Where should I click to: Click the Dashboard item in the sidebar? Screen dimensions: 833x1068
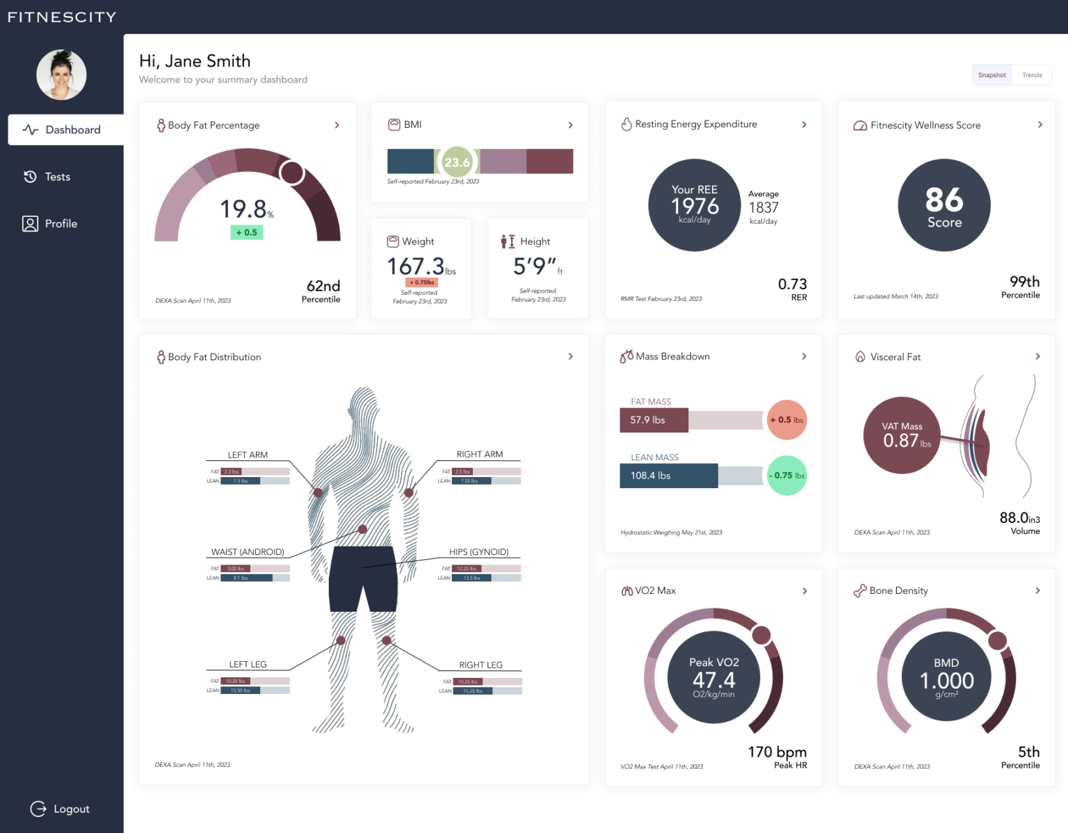(65, 130)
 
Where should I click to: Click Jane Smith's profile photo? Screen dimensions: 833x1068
(61, 74)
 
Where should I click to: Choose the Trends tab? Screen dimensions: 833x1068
(1032, 75)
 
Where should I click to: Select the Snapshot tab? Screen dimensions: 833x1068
(992, 75)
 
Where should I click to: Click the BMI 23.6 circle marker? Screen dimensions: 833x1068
(457, 162)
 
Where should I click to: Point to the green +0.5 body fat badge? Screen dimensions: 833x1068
(247, 232)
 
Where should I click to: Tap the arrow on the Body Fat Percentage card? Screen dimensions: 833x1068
(337, 125)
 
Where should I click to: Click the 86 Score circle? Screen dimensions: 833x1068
(944, 205)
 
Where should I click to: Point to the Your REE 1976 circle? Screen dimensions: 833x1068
(694, 205)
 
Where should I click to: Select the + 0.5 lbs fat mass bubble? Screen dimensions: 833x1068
(786, 420)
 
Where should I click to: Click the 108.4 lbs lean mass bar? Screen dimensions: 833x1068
(668, 476)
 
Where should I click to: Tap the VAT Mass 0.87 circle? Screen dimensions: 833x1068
(902, 435)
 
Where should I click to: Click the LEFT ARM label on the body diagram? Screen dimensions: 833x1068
(248, 455)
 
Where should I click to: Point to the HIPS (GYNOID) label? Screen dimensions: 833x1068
(478, 552)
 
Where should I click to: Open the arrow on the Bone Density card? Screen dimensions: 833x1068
(1038, 590)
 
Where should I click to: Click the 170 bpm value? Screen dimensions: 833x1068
(777, 752)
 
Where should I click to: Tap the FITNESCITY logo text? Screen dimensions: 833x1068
(62, 17)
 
